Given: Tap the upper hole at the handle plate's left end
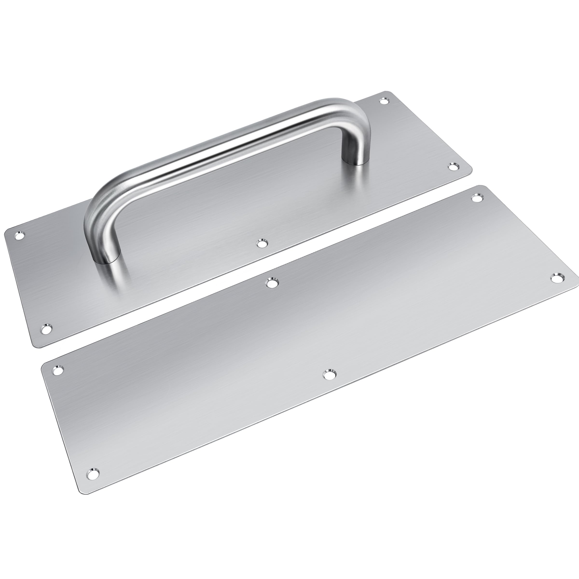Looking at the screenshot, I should [x=20, y=235].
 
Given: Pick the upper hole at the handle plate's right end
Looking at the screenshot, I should [x=384, y=101].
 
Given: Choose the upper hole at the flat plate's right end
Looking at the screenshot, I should [x=477, y=198].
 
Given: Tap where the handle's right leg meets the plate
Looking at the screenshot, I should [x=355, y=161].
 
